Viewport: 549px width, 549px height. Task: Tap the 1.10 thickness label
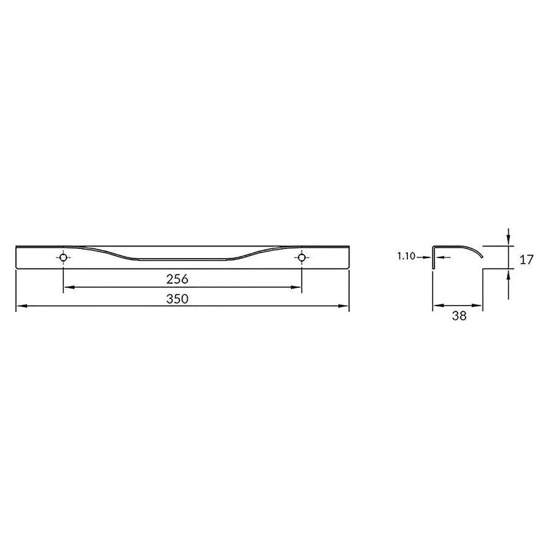tap(405, 257)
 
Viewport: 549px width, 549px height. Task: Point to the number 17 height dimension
tap(526, 259)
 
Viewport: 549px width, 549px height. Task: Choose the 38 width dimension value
tap(459, 316)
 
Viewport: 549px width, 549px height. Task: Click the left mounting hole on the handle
tap(63, 258)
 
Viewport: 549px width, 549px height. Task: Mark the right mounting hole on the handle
tap(301, 258)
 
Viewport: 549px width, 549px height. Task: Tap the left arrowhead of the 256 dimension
tap(67, 287)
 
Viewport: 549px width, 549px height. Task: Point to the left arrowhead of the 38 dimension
tap(436, 307)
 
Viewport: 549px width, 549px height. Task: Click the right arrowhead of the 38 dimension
tap(479, 307)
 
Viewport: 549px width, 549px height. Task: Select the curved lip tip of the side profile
tap(481, 256)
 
